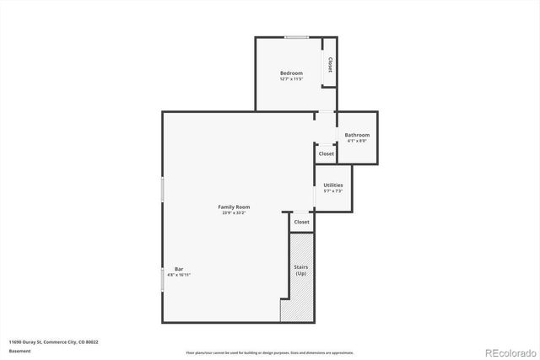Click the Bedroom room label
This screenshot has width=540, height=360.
tap(291, 73)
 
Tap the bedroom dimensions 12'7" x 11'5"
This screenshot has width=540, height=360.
tap(291, 80)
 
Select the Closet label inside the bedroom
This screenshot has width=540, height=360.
tap(329, 64)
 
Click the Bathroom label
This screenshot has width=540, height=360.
tap(357, 135)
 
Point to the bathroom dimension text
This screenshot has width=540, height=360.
tap(357, 142)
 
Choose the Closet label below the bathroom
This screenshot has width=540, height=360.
tap(326, 153)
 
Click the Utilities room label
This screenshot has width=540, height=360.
tap(332, 185)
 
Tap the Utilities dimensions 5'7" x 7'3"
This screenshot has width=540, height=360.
tap(332, 191)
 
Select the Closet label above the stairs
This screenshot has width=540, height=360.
tap(301, 222)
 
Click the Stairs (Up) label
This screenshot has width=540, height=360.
tap(300, 271)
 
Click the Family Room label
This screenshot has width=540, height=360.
tap(234, 207)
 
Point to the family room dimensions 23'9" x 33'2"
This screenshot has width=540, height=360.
tap(234, 213)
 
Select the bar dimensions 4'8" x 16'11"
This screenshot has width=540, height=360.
tap(179, 275)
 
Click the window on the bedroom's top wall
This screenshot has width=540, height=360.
tap(295, 37)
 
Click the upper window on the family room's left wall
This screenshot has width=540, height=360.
tap(162, 189)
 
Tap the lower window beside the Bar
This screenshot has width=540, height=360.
tap(162, 278)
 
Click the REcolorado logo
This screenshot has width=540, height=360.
tap(505, 352)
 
